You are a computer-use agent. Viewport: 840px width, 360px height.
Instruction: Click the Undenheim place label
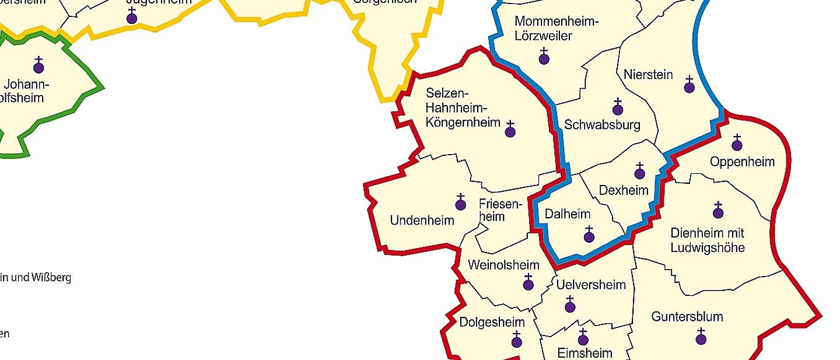tap(422, 221)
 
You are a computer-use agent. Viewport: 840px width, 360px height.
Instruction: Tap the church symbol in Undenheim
tap(460, 204)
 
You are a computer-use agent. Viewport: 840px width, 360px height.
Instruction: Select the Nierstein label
tap(648, 75)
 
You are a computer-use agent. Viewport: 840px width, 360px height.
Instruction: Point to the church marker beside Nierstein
tap(689, 86)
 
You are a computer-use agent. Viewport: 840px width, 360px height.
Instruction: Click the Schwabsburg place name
tap(602, 124)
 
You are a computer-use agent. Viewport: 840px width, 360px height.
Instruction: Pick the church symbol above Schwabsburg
tap(617, 109)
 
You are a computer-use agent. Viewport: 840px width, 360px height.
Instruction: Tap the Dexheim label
tap(624, 190)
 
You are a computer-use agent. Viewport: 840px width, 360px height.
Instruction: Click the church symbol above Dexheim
tap(639, 173)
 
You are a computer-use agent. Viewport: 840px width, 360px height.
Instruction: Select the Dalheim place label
tap(568, 214)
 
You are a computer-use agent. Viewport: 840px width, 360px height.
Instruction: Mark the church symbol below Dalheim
tap(589, 236)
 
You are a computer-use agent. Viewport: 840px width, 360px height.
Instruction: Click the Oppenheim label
tap(742, 162)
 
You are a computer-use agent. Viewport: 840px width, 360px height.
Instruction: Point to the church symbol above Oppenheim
tap(736, 144)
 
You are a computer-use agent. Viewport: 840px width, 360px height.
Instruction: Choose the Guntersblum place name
tap(687, 317)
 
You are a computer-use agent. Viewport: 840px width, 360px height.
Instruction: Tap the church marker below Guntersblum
tap(701, 338)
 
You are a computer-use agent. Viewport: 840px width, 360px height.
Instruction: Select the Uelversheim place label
tap(591, 285)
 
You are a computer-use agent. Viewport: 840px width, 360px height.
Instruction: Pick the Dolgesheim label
tap(492, 322)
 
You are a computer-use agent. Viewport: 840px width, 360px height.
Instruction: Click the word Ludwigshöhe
tap(707, 247)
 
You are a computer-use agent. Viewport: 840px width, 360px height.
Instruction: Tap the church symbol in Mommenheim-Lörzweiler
tap(544, 58)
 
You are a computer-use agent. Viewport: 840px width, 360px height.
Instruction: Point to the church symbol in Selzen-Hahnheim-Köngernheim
tap(510, 131)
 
